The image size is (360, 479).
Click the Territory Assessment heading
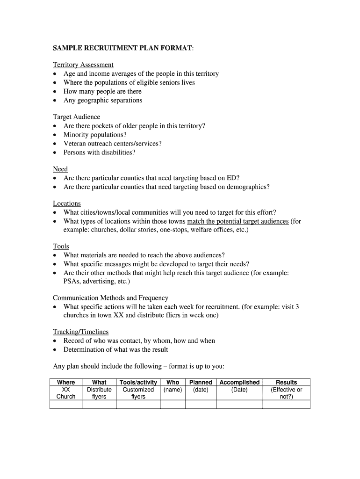click(x=83, y=65)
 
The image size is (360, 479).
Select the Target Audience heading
click(x=76, y=116)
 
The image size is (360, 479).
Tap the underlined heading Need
click(x=60, y=169)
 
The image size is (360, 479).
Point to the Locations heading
click(x=67, y=203)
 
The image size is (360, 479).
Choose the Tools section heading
click(x=61, y=246)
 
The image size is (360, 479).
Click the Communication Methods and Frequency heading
click(x=110, y=298)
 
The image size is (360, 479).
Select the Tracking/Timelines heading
click(x=80, y=332)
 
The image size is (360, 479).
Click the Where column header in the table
click(x=66, y=382)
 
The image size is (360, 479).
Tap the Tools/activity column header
click(x=138, y=382)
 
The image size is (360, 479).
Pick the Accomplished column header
click(x=239, y=382)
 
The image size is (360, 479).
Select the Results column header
click(x=287, y=382)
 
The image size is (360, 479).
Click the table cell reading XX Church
click(x=66, y=393)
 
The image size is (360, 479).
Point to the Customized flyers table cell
click(x=138, y=393)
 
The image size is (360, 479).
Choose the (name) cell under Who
click(x=173, y=390)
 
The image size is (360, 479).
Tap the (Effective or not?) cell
click(x=287, y=393)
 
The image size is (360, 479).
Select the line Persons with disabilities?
click(x=99, y=152)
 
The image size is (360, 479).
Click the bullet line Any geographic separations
click(x=103, y=100)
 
